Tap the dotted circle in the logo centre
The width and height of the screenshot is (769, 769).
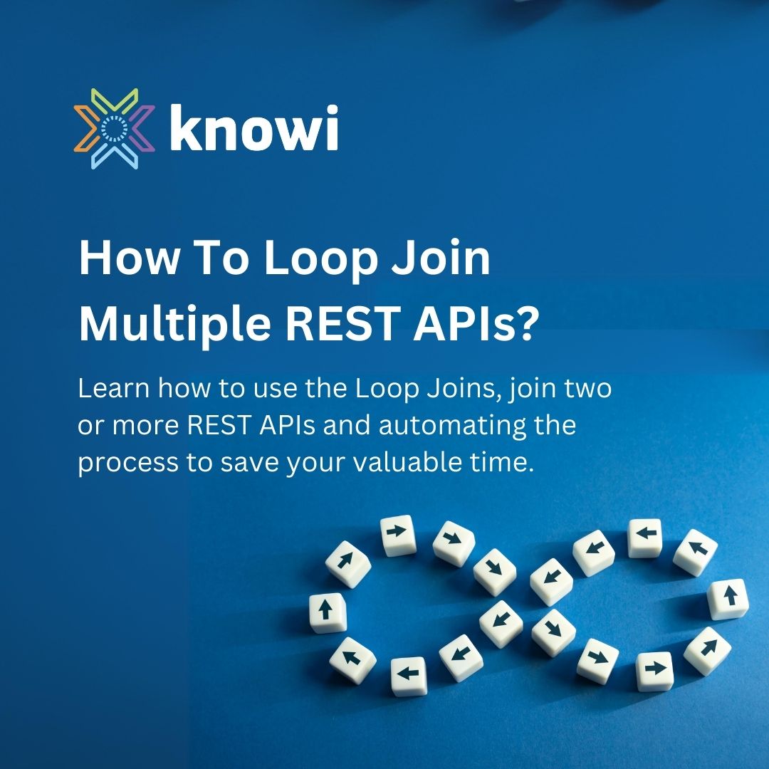[114, 128]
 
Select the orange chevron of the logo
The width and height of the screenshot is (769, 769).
[85, 128]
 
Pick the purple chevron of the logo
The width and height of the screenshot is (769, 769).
[143, 128]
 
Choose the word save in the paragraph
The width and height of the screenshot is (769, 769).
[248, 464]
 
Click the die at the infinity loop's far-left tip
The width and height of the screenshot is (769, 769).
[328, 611]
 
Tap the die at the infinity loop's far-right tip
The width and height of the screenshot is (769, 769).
[728, 598]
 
